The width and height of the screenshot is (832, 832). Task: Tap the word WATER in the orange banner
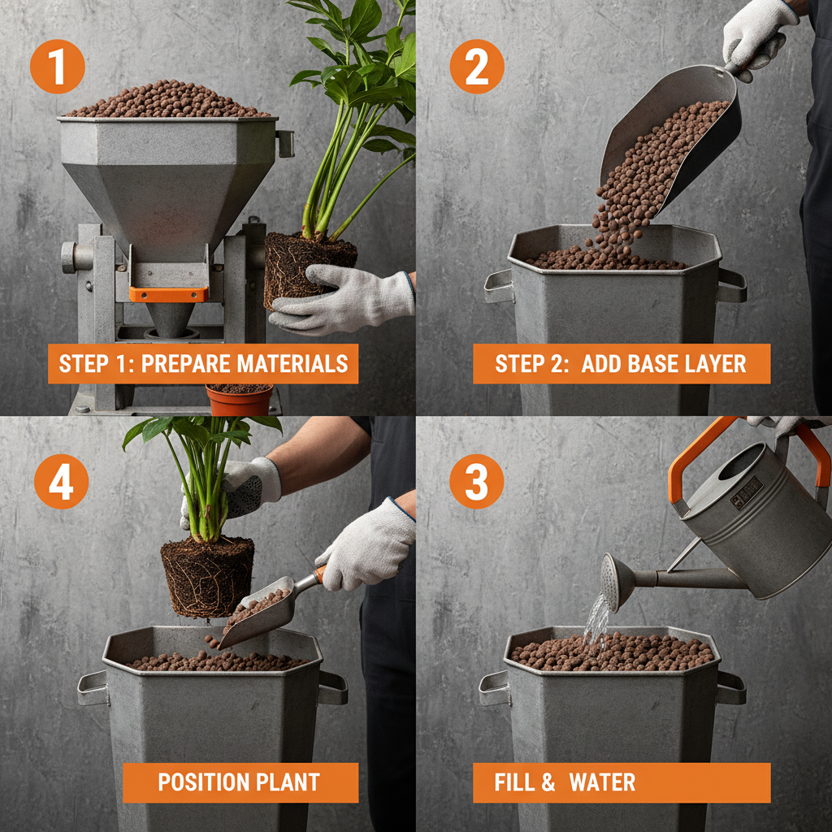tap(602, 782)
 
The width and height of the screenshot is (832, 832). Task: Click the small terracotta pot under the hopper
tap(239, 400)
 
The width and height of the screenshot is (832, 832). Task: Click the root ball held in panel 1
tap(309, 268)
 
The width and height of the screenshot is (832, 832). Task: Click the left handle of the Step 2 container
tap(498, 286)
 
